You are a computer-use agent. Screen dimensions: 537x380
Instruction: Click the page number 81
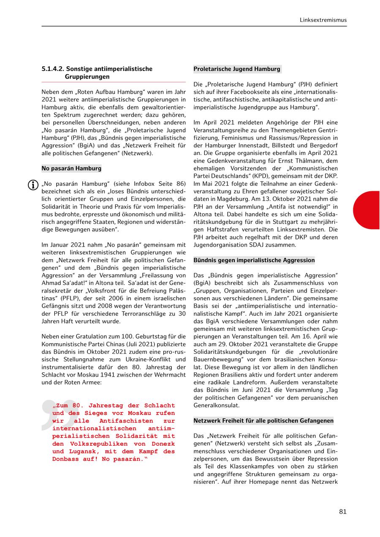342,512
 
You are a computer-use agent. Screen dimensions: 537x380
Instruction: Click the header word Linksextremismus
323,20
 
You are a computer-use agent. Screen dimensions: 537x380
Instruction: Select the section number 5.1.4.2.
53,69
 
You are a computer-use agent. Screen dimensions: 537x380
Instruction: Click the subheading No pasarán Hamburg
71,168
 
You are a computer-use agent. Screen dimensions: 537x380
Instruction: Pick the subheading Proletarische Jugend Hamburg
237,69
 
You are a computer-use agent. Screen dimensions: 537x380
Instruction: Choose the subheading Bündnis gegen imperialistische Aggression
254,260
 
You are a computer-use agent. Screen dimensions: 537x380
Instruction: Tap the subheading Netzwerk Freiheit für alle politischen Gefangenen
263,420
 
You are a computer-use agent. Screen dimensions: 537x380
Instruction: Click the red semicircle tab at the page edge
367,210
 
